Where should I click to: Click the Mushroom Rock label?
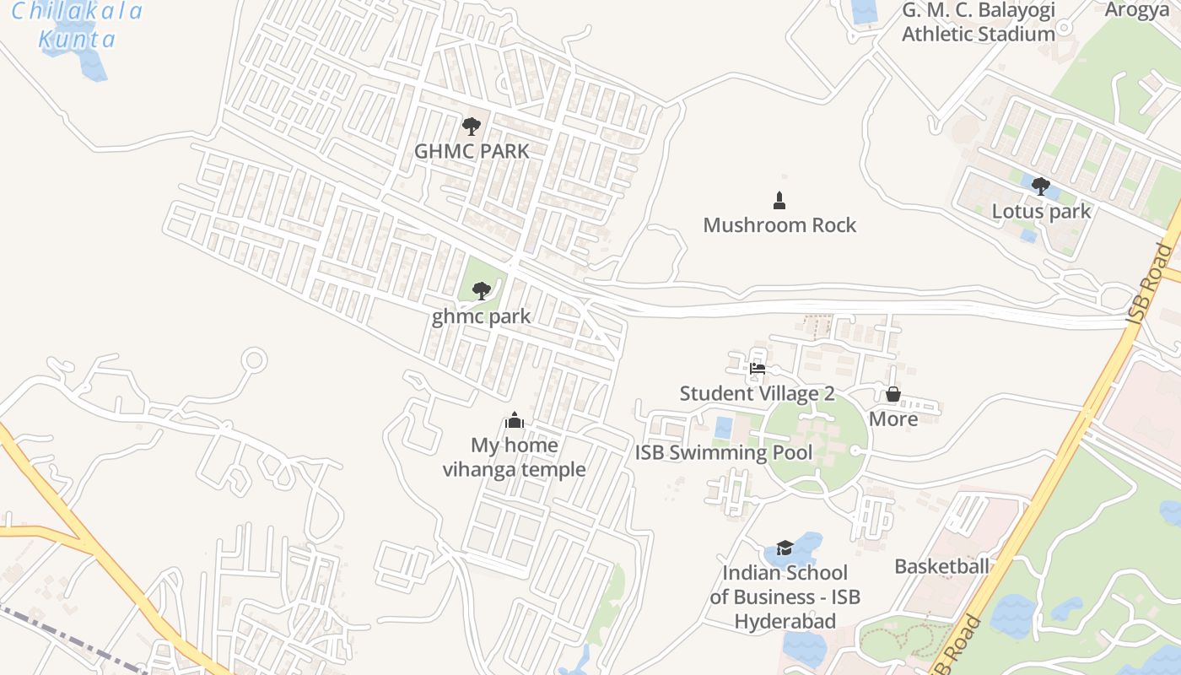coord(779,225)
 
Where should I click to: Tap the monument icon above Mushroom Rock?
coord(779,201)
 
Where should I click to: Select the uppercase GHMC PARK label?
coord(472,152)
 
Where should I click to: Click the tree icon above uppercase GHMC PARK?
coord(472,127)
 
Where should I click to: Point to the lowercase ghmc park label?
coord(481,317)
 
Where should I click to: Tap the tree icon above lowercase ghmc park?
coord(482,291)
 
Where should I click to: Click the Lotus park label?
coord(1041,212)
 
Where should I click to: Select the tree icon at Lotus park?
coord(1041,186)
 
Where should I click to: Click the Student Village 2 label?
coord(757,394)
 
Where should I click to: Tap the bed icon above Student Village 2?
coord(757,368)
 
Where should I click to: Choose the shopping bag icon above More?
coord(893,394)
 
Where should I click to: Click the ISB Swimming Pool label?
coord(724,453)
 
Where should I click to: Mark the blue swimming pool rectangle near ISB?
coord(724,428)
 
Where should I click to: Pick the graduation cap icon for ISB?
coord(785,548)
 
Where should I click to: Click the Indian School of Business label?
coord(785,597)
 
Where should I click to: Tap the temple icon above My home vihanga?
coord(515,420)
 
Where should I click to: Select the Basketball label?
coord(941,566)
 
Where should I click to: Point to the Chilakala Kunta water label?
coord(77,25)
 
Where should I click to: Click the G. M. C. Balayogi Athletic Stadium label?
coord(979,23)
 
